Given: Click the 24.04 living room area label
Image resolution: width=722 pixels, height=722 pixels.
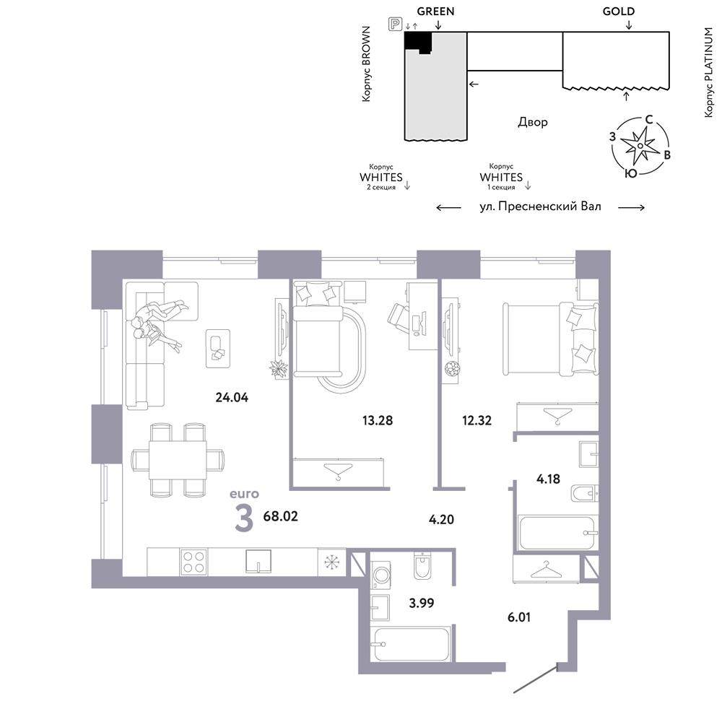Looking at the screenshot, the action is (232, 397).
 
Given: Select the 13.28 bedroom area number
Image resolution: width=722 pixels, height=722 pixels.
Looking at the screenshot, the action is (378, 420).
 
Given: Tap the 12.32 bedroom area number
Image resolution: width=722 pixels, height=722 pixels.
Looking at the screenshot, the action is (477, 420).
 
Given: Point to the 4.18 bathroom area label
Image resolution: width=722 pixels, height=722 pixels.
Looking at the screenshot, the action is (548, 479).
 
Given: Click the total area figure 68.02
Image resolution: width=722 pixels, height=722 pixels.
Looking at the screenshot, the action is (280, 516).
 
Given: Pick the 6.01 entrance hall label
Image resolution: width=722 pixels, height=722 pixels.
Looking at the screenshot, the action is (519, 617).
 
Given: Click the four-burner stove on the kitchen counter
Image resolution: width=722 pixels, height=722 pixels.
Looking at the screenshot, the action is (193, 562).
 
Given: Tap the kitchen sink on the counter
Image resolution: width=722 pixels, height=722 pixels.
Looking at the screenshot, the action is (258, 561).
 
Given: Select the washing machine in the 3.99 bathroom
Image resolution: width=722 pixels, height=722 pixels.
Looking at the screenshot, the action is (381, 575).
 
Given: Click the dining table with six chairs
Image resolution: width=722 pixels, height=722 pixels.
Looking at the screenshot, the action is (178, 460).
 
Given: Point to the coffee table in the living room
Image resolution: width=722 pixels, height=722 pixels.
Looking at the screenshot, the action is (218, 348).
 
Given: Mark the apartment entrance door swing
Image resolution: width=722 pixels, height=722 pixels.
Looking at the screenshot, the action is (535, 679).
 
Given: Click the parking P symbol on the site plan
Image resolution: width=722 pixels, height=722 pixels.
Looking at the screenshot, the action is (395, 24).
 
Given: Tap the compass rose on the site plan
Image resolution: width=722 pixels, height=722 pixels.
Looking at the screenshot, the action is (640, 146).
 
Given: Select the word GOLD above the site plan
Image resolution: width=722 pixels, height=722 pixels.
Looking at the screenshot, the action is (619, 12).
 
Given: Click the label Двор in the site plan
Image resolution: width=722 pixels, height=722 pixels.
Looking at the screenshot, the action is (533, 122).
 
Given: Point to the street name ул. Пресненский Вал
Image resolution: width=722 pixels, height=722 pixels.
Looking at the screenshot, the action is (540, 206).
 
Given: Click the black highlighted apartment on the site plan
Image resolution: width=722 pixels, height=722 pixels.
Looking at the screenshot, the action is (417, 42).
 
